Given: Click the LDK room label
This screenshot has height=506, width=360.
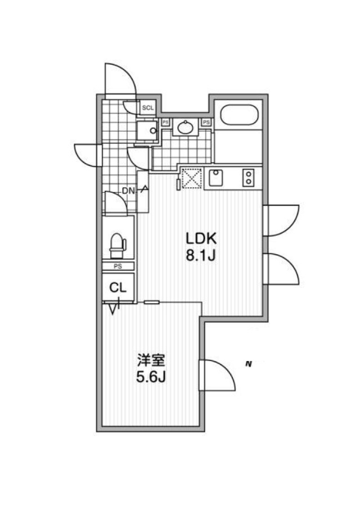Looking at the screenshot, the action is coord(200,238).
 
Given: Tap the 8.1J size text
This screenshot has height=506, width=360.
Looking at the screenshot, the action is coord(200,256).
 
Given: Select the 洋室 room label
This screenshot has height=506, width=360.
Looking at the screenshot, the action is coord(151,360).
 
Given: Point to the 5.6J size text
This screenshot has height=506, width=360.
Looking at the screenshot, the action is coord(151,377).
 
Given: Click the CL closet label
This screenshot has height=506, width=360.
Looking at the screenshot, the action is coord(118,287).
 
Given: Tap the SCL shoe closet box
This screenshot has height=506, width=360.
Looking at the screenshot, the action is coord(148,108).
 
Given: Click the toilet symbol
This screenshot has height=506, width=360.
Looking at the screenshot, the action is coord(118,246).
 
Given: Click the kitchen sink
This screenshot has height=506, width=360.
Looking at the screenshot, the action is coord(216,178).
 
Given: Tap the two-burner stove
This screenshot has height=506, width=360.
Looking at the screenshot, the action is coord(249,178).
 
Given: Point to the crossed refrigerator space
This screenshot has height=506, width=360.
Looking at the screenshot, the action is coord(192,178).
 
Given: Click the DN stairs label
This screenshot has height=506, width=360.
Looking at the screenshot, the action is coord(128,191).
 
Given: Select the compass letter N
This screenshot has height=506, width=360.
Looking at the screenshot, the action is coord(248,364).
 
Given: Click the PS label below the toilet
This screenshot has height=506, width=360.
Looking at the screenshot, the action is coord(118,266).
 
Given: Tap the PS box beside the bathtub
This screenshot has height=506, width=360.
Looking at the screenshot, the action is coord(206,123).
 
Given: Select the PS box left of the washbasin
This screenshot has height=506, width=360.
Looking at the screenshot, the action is coord(165,122).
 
